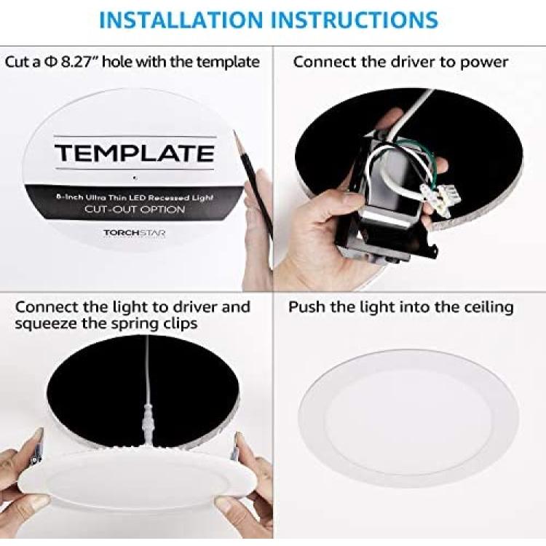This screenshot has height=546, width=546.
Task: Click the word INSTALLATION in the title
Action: point(181,20)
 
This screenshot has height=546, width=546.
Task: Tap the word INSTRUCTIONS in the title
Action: point(354,20)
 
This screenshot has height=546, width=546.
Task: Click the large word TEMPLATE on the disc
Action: point(135,153)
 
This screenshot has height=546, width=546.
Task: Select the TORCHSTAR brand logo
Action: point(135,233)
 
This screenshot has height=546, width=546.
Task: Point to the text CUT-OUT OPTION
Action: point(135,209)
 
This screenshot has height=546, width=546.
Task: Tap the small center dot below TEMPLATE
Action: point(135,178)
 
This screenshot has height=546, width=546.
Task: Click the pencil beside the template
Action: point(253,181)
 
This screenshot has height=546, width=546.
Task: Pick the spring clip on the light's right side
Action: point(235,449)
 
